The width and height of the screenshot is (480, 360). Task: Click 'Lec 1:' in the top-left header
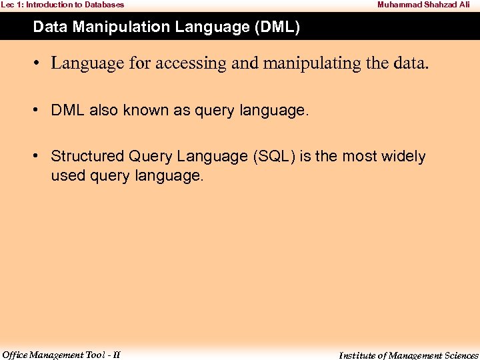point(12,5)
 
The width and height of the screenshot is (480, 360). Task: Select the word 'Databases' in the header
point(105,5)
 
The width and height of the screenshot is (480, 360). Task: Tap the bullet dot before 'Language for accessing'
point(38,63)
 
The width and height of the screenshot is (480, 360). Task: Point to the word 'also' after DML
point(103,111)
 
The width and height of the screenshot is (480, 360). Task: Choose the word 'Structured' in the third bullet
point(87,157)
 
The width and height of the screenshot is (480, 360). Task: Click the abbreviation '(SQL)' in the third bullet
point(273,157)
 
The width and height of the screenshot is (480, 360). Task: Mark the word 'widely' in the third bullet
point(403,157)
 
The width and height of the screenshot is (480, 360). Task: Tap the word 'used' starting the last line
point(65,176)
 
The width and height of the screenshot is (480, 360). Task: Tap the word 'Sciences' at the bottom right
point(460,355)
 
